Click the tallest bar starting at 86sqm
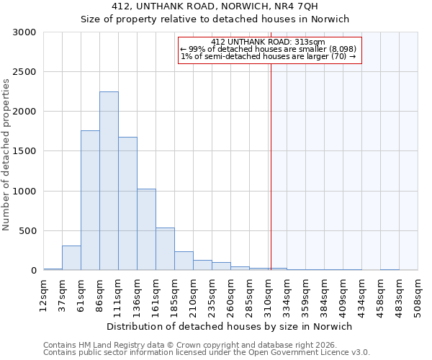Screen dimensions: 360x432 pos(109,181)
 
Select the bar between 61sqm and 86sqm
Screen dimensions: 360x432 pos(90,200)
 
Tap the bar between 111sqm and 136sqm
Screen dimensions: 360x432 pos(127,203)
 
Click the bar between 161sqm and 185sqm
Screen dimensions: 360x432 pos(165,248)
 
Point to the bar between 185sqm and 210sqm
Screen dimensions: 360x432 pos(184,261)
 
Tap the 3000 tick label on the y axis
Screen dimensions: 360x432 pos(25,32)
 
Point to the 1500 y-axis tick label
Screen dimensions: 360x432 pos(25,151)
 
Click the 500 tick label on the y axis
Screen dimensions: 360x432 pos(28,231)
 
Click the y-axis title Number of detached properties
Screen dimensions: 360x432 pos(6,151)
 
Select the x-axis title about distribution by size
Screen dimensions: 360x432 pos(230,326)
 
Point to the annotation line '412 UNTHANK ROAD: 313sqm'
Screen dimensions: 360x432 pos(269,42)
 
